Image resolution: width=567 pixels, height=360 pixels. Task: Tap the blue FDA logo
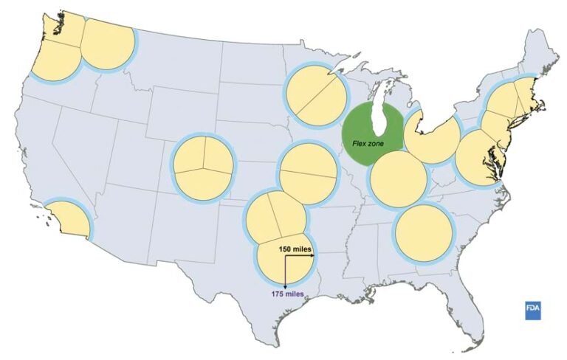click(533, 310)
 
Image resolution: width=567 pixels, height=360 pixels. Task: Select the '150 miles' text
click(294, 249)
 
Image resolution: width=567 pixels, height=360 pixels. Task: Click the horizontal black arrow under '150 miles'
click(298, 257)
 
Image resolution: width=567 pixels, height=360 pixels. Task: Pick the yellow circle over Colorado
click(202, 167)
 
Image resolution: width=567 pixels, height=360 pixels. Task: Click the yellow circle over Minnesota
click(316, 94)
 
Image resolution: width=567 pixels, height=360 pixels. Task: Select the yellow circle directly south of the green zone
click(397, 179)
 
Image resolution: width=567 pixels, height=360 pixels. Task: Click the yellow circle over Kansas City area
click(309, 174)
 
